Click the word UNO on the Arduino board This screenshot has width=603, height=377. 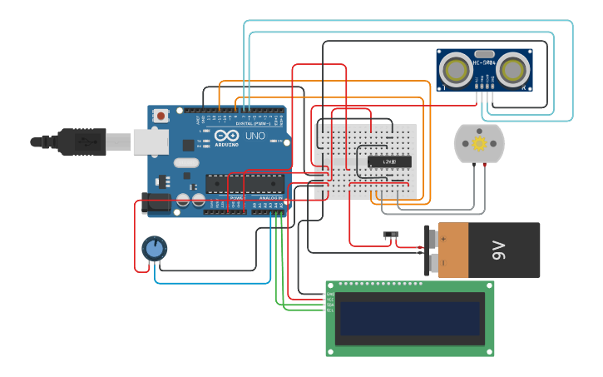pyautogui.click(x=255, y=136)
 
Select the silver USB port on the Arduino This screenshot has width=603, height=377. pyautogui.click(x=151, y=142)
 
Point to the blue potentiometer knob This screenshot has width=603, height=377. pyautogui.click(x=154, y=247)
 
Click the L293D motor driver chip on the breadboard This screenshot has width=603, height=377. pyautogui.click(x=389, y=161)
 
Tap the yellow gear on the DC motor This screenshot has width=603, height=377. pyautogui.click(x=479, y=144)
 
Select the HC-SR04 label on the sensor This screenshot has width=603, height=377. pyautogui.click(x=484, y=62)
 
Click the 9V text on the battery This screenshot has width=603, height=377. pyautogui.click(x=498, y=249)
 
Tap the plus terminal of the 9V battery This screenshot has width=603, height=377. pyautogui.click(x=434, y=238)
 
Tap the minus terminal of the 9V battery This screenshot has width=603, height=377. pyautogui.click(x=434, y=264)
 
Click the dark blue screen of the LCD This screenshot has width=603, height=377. pyautogui.click(x=409, y=318)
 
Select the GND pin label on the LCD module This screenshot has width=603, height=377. pyautogui.click(x=330, y=294)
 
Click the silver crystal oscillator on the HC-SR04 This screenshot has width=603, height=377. pyautogui.click(x=485, y=74)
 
